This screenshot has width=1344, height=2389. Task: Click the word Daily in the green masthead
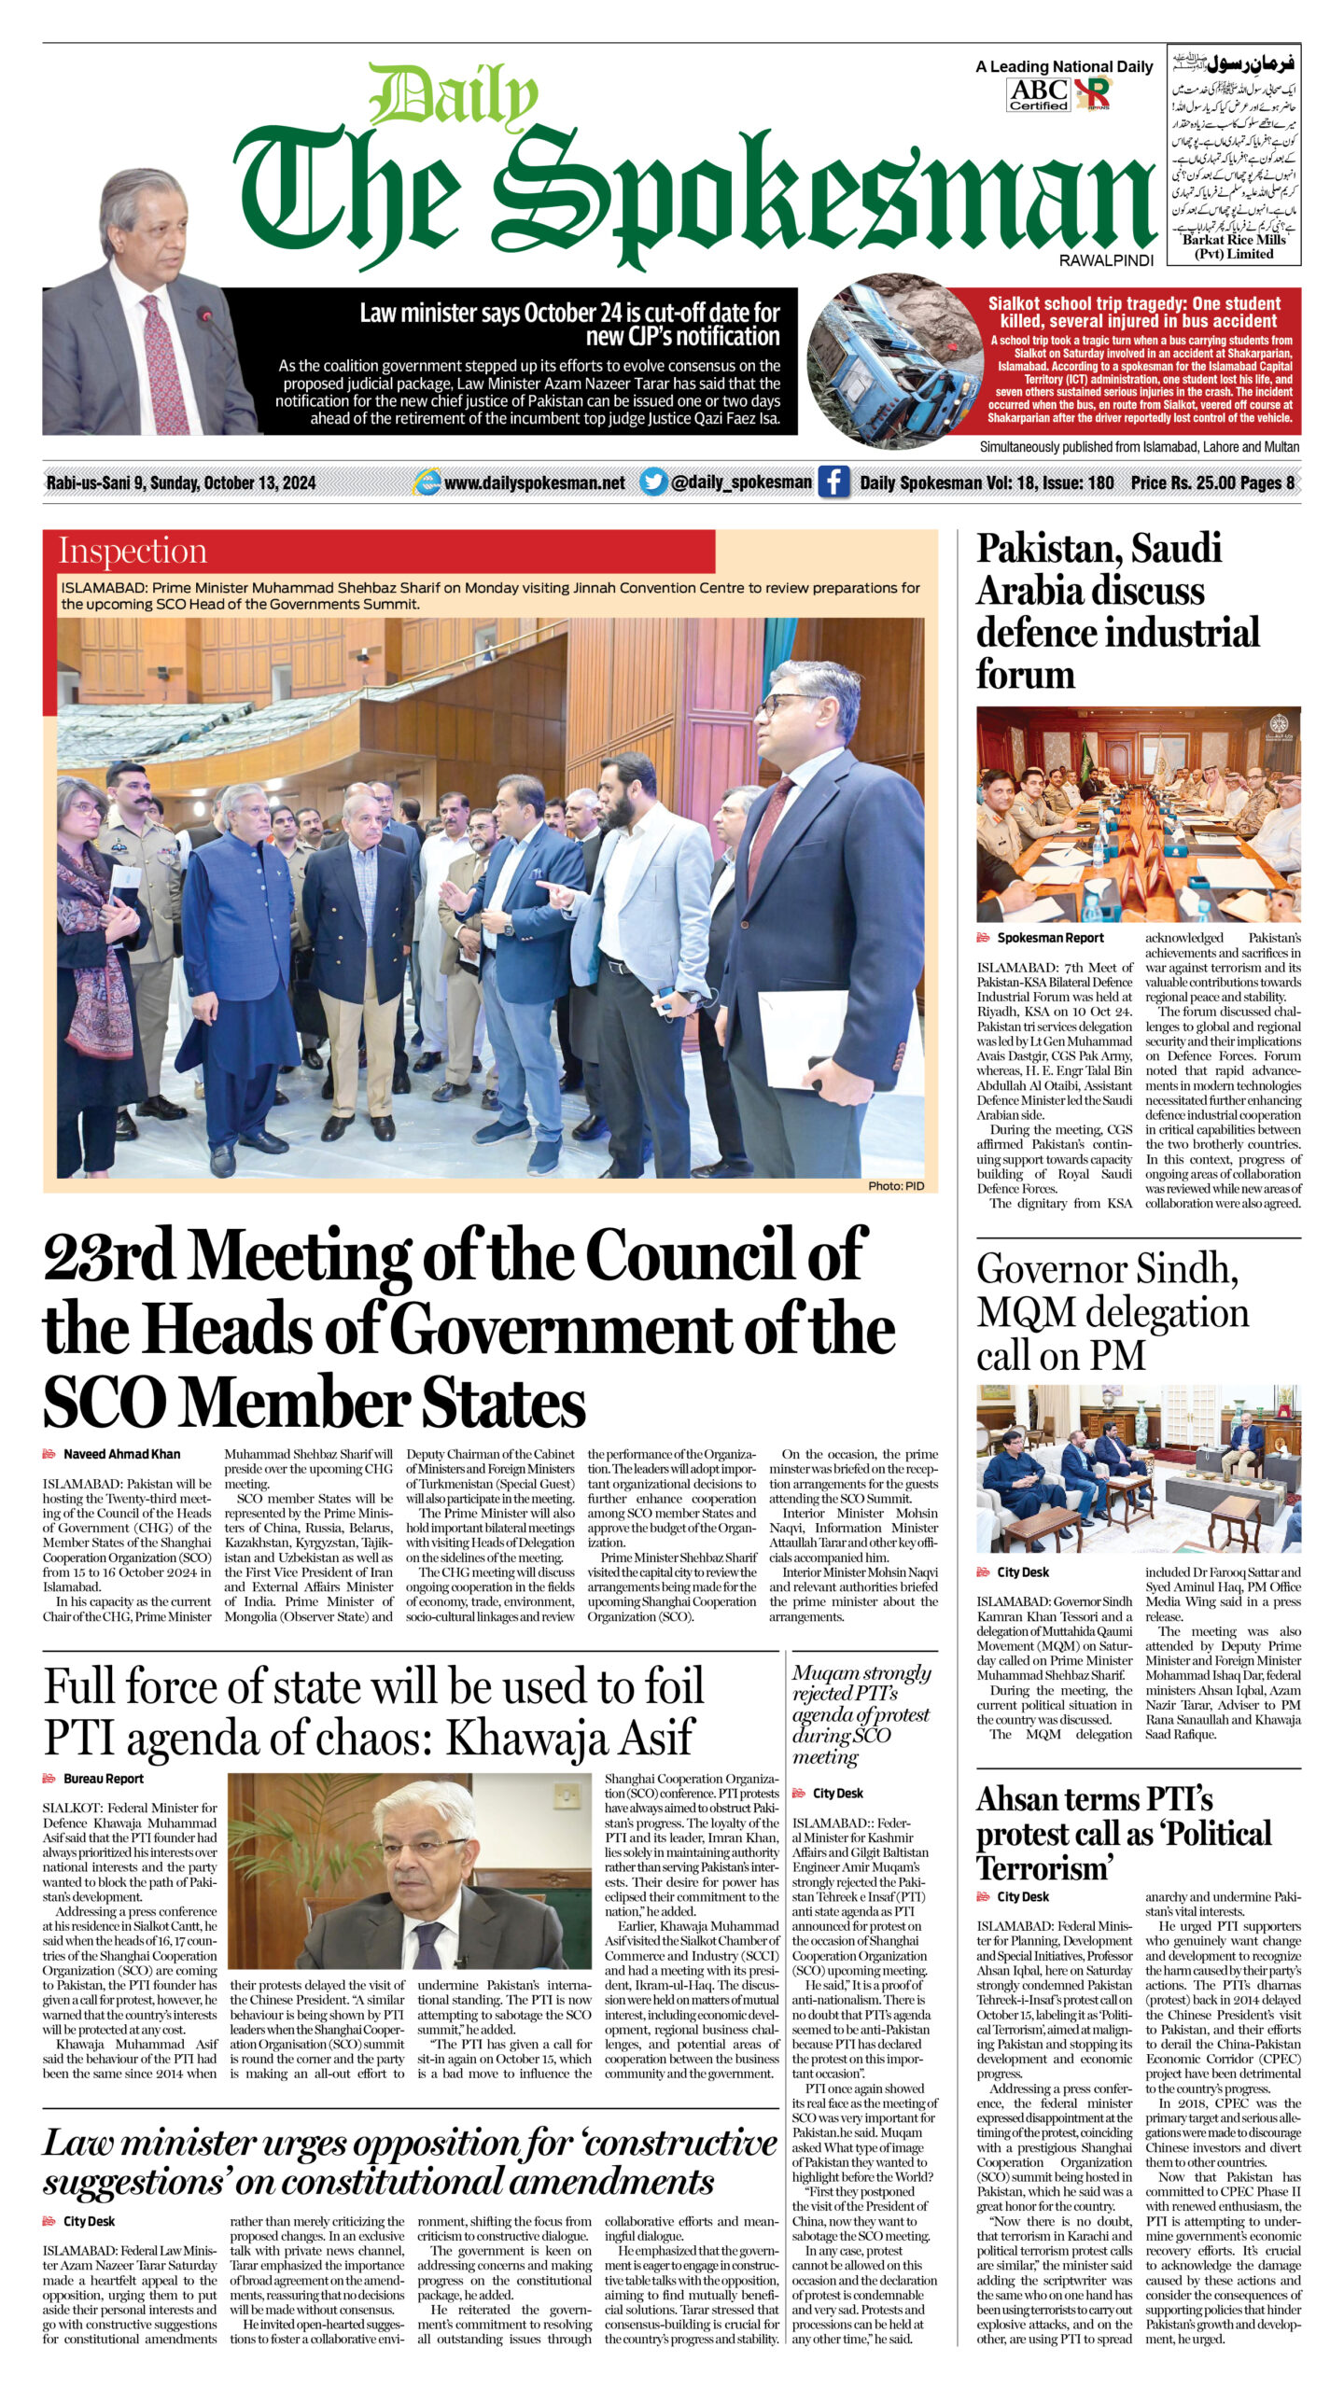(x=454, y=97)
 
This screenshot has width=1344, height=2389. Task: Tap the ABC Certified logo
(x=1038, y=94)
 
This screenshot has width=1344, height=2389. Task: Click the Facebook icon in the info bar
(x=833, y=482)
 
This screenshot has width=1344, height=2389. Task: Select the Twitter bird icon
(x=653, y=482)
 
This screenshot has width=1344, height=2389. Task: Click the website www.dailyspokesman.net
(x=534, y=482)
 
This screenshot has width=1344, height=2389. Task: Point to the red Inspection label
(x=133, y=551)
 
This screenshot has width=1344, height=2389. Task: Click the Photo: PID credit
(x=896, y=1185)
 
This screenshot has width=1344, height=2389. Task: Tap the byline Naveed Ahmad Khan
(x=121, y=1454)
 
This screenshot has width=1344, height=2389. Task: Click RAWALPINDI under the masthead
(x=1106, y=261)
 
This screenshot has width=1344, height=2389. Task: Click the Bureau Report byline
(x=103, y=1779)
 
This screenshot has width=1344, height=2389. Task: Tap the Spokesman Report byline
(x=1050, y=938)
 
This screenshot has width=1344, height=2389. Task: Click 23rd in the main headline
(x=110, y=1256)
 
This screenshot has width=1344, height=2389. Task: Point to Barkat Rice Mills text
(x=1234, y=240)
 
